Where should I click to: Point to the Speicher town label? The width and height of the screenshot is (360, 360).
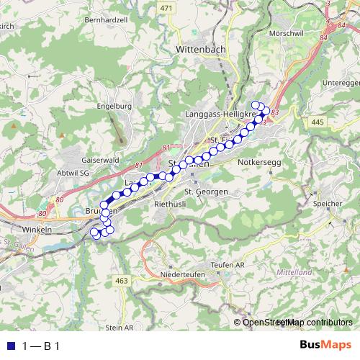point(328,204)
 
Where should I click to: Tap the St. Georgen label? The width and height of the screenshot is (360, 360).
point(206,192)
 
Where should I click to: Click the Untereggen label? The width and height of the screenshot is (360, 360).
point(338,83)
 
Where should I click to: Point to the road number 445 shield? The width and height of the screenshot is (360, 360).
point(318,123)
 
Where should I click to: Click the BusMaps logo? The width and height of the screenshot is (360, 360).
point(325,346)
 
